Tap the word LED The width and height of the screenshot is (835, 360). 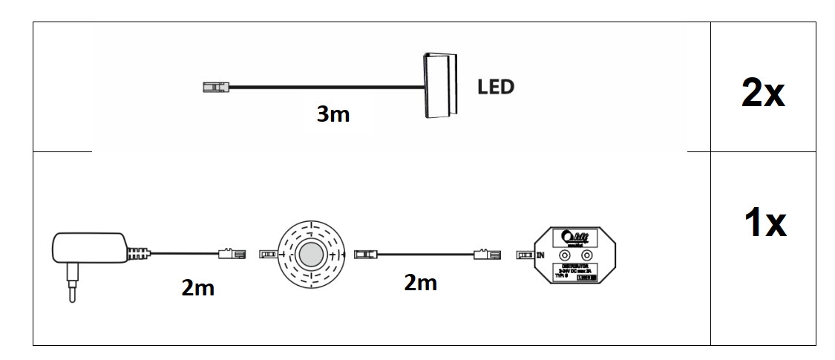pos(494,87)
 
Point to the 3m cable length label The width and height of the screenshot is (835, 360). pos(333,114)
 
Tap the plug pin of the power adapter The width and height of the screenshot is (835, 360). pos(71,289)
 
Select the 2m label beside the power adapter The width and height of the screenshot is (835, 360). pos(197,287)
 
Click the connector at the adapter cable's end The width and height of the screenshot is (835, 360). pos(232,254)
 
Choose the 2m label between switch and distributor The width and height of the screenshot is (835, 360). pos(420,283)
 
